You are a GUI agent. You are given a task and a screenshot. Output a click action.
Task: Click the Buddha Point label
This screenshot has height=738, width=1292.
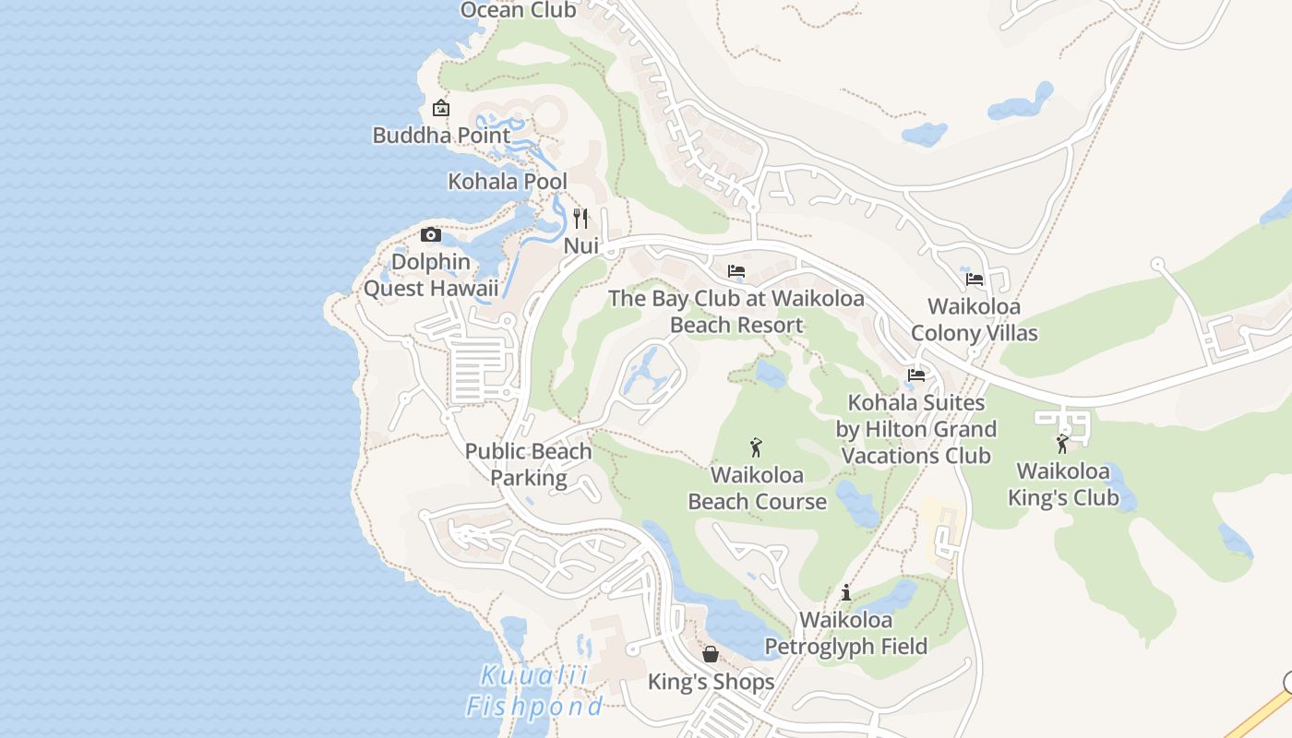pyautogui.click(x=441, y=136)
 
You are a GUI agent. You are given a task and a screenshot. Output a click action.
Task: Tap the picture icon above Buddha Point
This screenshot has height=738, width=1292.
pyautogui.click(x=441, y=108)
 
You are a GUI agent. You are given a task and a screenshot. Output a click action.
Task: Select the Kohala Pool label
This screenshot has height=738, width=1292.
pyautogui.click(x=508, y=182)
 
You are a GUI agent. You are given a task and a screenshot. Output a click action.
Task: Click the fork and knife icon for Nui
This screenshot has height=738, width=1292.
pyautogui.click(x=580, y=219)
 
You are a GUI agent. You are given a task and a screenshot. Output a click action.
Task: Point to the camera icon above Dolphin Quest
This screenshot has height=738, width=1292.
pyautogui.click(x=431, y=234)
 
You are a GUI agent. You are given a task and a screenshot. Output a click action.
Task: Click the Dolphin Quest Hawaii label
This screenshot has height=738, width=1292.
pyautogui.click(x=431, y=275)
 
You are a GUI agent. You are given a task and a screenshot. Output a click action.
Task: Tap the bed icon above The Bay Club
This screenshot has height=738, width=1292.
pyautogui.click(x=736, y=271)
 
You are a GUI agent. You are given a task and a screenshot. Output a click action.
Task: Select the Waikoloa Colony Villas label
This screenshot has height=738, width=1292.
pyautogui.click(x=974, y=319)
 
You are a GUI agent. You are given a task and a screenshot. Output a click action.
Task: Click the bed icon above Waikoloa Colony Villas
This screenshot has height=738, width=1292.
pyautogui.click(x=974, y=279)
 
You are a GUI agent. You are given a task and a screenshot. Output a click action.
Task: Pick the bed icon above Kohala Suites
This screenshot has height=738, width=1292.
pyautogui.click(x=916, y=375)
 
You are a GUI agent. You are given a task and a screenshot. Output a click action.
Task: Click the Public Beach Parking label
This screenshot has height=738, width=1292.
pyautogui.click(x=528, y=464)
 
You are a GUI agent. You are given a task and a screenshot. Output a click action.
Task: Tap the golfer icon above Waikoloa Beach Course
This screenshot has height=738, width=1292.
pyautogui.click(x=757, y=447)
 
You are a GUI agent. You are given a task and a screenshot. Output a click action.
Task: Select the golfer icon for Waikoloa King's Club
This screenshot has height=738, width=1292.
pyautogui.click(x=1062, y=444)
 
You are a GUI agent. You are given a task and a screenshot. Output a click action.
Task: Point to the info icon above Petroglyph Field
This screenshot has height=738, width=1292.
pyautogui.click(x=846, y=592)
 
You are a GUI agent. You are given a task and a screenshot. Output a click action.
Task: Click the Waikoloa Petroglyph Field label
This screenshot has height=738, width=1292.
pyautogui.click(x=846, y=633)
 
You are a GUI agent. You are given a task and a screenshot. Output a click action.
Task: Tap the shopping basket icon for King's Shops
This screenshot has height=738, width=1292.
pyautogui.click(x=711, y=654)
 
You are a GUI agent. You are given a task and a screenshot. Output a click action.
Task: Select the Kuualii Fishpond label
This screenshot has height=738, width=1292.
pyautogui.click(x=534, y=691)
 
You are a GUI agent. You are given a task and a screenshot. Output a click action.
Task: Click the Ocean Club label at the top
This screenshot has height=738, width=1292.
pyautogui.click(x=518, y=10)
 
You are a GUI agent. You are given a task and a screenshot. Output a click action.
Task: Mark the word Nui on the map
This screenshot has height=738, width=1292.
pyautogui.click(x=581, y=246)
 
